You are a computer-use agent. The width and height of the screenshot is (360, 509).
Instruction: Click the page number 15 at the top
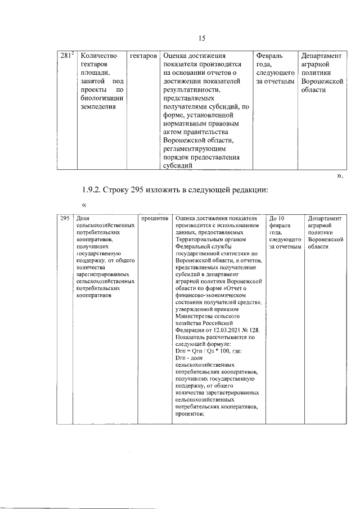[x=202, y=38]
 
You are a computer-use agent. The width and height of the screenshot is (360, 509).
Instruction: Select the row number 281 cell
[x=67, y=56]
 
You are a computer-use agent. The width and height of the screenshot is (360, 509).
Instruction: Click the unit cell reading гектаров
[x=142, y=56]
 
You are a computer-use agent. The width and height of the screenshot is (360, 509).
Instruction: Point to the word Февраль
[x=269, y=56]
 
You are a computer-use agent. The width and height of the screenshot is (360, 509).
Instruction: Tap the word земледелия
[x=98, y=106]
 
